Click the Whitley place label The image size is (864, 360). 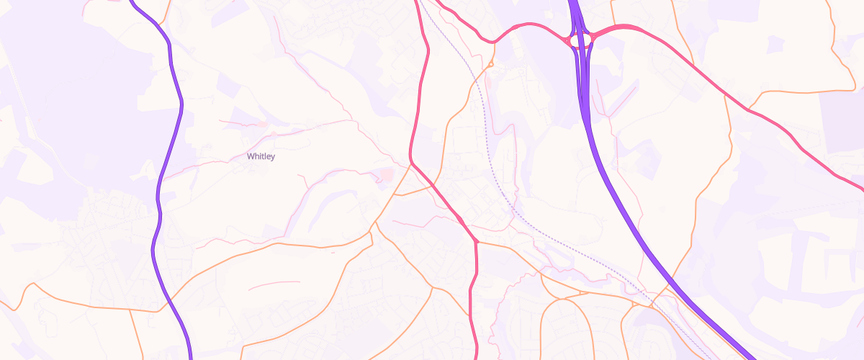pyautogui.click(x=261, y=156)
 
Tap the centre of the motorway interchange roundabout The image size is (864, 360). pyautogui.click(x=580, y=40)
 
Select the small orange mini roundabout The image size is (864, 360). pyautogui.click(x=490, y=64)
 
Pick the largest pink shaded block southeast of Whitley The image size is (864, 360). pyautogui.click(x=386, y=175)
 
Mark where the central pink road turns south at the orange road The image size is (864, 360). pyautogui.click(x=476, y=242)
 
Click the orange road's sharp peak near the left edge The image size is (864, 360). pyautogui.click(x=30, y=284)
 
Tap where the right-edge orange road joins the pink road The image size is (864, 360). pyautogui.click(x=749, y=109)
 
